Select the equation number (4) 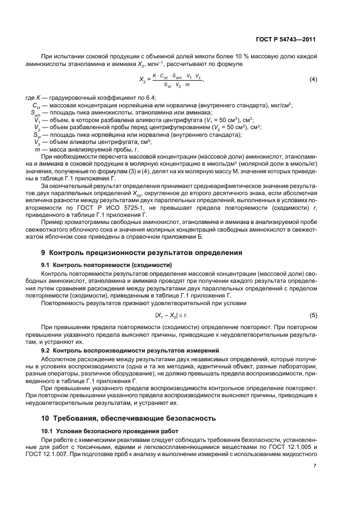(313, 80)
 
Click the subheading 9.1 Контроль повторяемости (107, 264)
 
